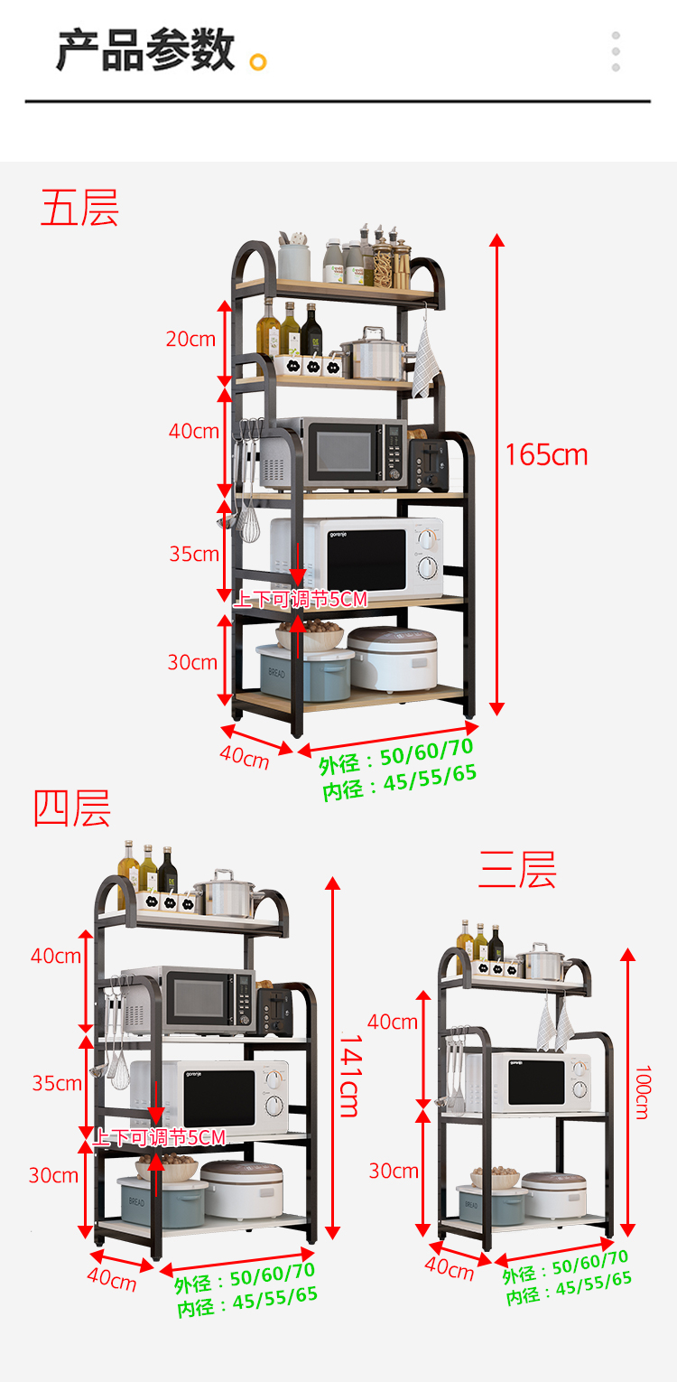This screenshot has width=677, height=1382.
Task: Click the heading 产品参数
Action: tap(145, 51)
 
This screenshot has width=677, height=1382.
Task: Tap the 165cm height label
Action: tap(546, 454)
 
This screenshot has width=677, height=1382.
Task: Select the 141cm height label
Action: tap(350, 1075)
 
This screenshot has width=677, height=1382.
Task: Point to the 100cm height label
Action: tap(642, 1092)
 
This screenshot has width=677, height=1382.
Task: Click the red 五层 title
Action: tap(79, 208)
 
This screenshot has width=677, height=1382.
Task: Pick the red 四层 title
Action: tap(72, 808)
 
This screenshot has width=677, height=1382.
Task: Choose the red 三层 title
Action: tap(517, 870)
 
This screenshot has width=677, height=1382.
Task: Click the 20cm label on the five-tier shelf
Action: tap(190, 340)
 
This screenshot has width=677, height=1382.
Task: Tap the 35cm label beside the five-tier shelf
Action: tap(194, 554)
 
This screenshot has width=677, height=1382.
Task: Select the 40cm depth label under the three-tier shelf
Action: tap(450, 1268)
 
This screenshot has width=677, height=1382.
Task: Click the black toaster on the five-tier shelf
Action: tap(427, 463)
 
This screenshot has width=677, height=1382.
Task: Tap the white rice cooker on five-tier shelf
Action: tap(393, 658)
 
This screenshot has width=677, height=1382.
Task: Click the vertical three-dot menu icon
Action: tap(616, 51)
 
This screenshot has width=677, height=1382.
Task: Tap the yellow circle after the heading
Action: tap(258, 61)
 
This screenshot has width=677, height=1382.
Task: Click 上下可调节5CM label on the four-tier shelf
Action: tap(159, 1136)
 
